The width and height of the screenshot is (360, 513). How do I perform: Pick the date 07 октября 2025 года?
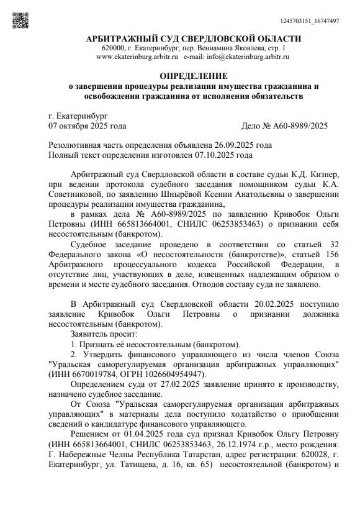coord(88,125)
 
